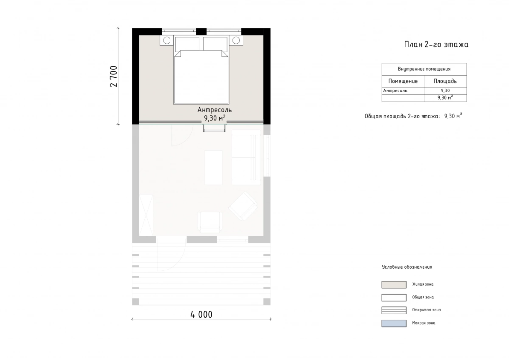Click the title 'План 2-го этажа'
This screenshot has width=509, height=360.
[436, 44]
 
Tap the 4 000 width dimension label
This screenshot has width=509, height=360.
[201, 314]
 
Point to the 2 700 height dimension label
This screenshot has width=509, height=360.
[114, 76]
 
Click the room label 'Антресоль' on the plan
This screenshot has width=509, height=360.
[215, 110]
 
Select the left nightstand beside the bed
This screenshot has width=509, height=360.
[167, 40]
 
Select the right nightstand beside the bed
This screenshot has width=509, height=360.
[236, 40]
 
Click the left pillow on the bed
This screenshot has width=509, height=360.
[187, 44]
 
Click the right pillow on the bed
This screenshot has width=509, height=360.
[215, 44]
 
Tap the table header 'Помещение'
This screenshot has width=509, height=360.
[403, 81]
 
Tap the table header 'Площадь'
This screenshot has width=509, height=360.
[445, 81]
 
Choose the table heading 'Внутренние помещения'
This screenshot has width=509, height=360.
[424, 69]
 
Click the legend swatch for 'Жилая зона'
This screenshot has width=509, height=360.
[394, 285]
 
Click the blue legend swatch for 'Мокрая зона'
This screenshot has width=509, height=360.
[394, 323]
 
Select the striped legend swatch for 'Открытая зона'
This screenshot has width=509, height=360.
[394, 310]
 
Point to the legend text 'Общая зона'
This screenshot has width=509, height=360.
[423, 297]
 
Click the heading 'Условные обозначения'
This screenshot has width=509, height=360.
[407, 267]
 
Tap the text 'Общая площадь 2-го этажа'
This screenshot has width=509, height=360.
[402, 116]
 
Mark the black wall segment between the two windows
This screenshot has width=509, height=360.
[201, 31]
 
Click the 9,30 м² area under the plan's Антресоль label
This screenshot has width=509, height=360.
[215, 118]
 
